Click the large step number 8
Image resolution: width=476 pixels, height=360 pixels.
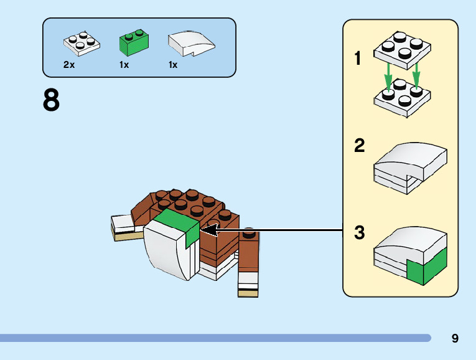click(x=51, y=100)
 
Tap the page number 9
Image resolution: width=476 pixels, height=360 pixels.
click(x=455, y=338)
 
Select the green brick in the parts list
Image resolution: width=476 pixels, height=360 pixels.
click(x=134, y=43)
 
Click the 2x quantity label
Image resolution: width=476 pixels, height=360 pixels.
click(x=69, y=65)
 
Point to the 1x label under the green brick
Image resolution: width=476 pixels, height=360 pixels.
click(x=124, y=65)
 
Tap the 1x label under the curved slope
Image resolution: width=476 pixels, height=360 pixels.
click(x=173, y=65)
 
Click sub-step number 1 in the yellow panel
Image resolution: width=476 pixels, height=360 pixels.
click(x=358, y=59)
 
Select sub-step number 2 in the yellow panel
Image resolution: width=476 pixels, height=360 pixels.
click(x=359, y=146)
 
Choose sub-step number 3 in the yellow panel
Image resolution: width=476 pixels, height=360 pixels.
click(x=359, y=234)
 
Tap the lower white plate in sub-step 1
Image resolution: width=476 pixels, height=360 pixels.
click(x=401, y=98)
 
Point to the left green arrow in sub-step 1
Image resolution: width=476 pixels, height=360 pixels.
click(x=388, y=78)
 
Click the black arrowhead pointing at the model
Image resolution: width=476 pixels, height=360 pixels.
click(x=208, y=230)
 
